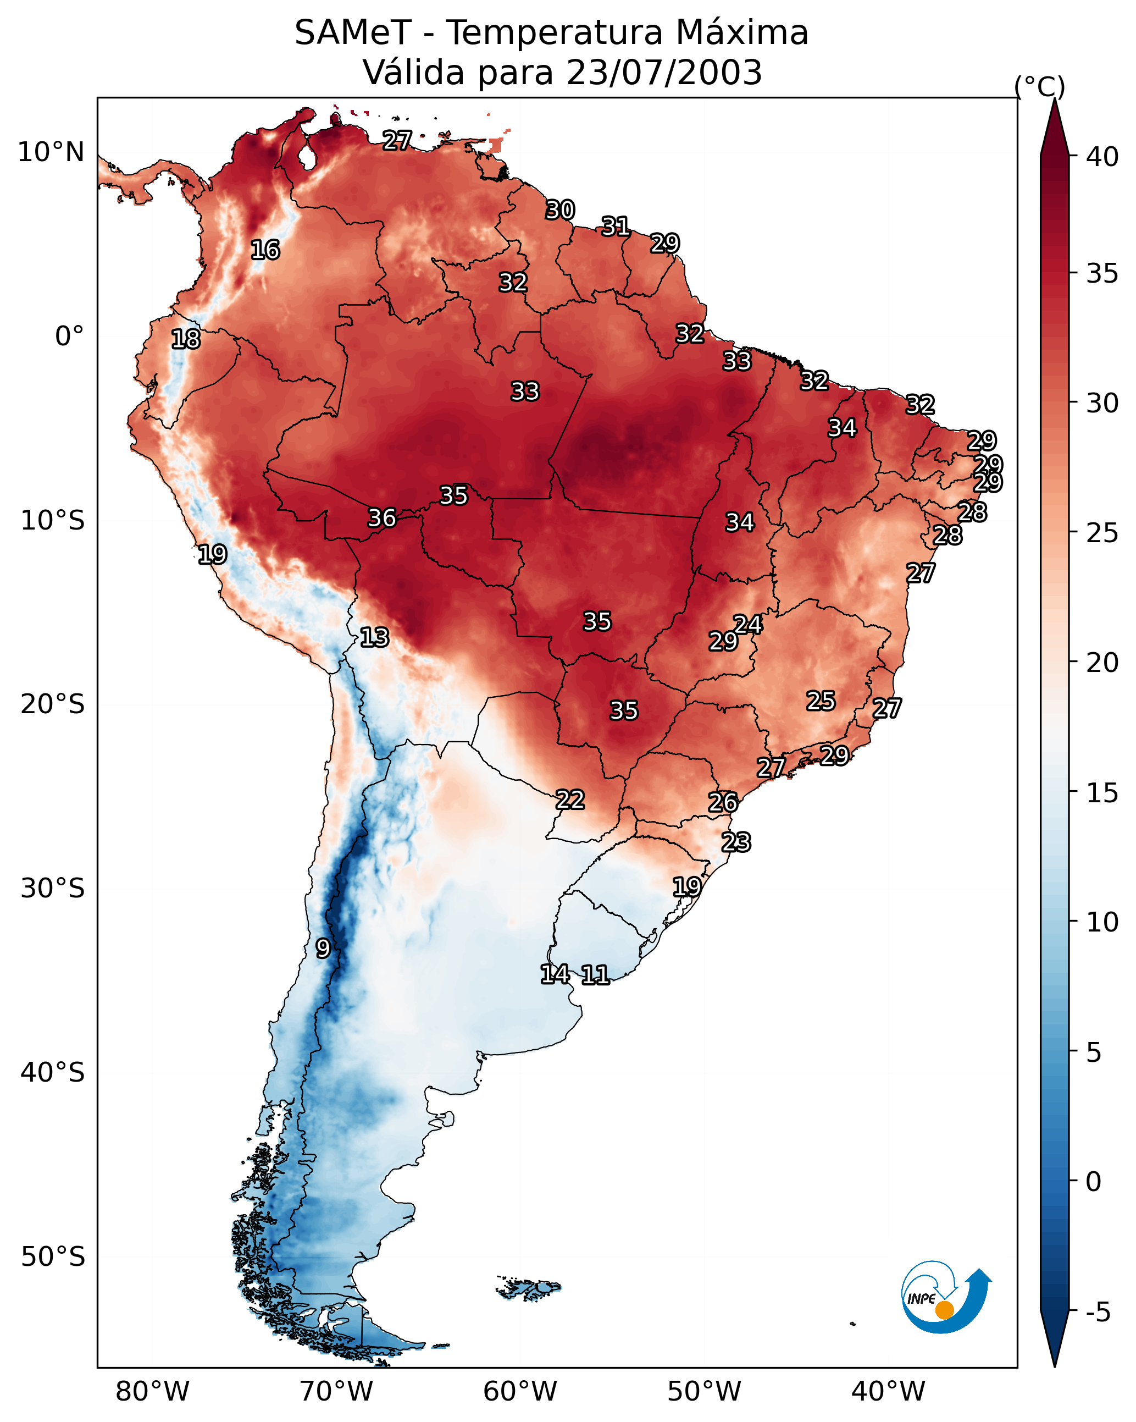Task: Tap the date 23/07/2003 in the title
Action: [663, 73]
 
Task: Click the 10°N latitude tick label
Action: [51, 152]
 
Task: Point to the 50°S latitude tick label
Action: [53, 1257]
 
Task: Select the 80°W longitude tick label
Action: [152, 1392]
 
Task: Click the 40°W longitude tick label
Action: [888, 1392]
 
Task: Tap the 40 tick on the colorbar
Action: [1102, 157]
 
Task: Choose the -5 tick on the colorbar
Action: [1098, 1313]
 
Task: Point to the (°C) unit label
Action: [1040, 86]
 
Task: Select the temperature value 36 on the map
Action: [382, 519]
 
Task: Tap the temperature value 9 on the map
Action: [323, 949]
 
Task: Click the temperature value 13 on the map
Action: [374, 638]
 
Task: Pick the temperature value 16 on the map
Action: [265, 250]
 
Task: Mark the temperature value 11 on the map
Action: [595, 975]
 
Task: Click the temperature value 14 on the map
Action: [555, 974]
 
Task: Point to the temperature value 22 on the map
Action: [569, 800]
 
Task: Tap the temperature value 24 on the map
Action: [747, 625]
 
